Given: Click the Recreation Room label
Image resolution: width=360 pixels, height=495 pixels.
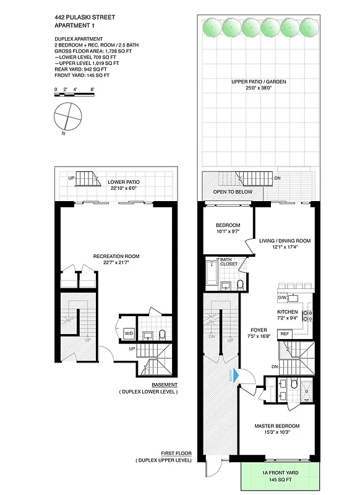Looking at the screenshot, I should [x=116, y=256].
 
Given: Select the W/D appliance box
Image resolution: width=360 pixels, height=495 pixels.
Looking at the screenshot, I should [x=129, y=334].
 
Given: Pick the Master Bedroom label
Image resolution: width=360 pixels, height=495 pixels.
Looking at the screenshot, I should [x=277, y=426].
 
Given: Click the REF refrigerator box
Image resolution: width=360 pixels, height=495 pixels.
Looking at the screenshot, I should [x=285, y=334].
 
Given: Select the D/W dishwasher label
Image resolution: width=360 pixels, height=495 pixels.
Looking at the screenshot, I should [x=283, y=298].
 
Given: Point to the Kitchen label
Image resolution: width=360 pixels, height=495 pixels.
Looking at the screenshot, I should [x=288, y=312].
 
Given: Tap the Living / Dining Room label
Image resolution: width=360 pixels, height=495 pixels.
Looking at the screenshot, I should [x=285, y=241].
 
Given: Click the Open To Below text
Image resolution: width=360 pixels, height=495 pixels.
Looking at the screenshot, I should [x=233, y=192].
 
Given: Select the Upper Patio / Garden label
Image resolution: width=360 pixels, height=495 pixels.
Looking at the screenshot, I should [x=259, y=82].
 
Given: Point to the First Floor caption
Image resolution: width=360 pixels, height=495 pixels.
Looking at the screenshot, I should [x=175, y=454].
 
